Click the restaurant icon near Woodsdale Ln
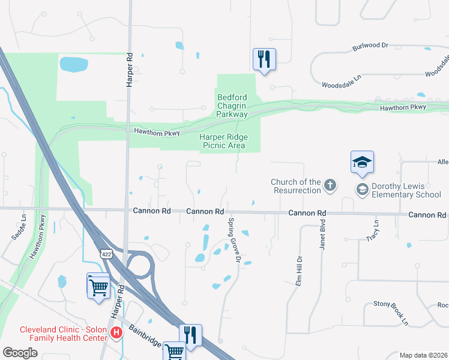(264, 59)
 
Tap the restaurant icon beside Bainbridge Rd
(190, 335)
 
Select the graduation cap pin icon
(362, 162)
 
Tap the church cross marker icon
(330, 185)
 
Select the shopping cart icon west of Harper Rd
(98, 286)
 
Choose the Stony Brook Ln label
(391, 313)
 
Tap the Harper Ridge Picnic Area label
(223, 141)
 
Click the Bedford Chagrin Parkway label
(232, 105)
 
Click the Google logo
(20, 353)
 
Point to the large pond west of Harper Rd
(73, 64)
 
